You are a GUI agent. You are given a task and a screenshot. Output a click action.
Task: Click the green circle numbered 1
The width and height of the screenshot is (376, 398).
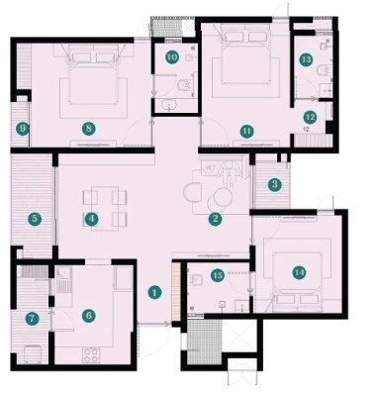point(154,292)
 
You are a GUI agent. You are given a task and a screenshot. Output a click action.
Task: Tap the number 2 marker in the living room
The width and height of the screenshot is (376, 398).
point(215,219)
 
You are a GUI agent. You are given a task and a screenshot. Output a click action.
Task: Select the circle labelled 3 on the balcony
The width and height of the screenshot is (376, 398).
point(275,185)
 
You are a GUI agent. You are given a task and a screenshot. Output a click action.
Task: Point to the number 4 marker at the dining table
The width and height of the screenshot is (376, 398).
point(91,219)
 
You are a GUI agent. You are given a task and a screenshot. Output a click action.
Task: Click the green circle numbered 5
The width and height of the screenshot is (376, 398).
point(35,219)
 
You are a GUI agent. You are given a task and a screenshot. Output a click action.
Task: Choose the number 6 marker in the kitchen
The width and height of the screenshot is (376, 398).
point(89,316)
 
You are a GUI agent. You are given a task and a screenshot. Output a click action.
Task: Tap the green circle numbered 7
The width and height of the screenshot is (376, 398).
point(32,319)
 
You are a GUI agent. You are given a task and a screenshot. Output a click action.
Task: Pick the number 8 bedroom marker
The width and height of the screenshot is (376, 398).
point(89,129)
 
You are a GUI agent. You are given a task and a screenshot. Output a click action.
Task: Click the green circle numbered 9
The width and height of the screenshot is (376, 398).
point(23,129)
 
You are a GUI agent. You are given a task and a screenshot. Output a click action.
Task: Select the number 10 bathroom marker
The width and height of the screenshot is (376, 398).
point(172,57)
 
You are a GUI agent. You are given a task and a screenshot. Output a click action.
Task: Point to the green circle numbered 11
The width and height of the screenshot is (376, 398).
point(246,132)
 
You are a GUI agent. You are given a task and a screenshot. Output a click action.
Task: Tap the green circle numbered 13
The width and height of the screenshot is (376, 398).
point(306,59)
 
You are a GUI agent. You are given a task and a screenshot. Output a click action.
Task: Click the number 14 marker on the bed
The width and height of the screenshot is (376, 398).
point(299,272)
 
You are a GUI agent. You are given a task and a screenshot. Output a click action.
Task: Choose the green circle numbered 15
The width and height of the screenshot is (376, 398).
point(218,275)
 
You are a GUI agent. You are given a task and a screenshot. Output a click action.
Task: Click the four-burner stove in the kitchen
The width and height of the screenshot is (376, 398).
point(91,355)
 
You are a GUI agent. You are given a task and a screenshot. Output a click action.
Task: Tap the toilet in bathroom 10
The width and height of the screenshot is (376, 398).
point(184,85)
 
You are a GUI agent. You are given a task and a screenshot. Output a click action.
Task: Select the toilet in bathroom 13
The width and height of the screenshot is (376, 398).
point(323,70)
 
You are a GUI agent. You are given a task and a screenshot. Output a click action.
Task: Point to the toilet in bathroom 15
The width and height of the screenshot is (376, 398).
point(195,280)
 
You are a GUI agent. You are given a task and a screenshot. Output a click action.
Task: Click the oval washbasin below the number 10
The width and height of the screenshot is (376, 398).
point(169,105)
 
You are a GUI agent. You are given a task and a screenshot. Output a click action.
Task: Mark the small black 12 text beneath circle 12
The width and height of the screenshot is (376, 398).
point(306,130)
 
